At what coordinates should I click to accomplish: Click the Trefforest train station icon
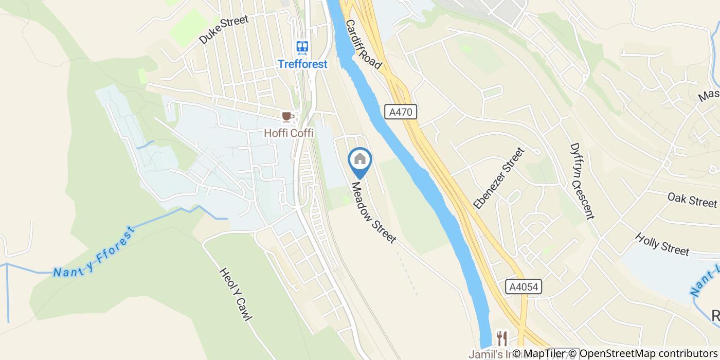pyautogui.click(x=302, y=48)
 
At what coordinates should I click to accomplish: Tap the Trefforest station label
pyautogui.click(x=302, y=64)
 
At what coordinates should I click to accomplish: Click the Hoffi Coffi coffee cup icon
pyautogui.click(x=286, y=117)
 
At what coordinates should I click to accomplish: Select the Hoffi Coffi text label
pyautogui.click(x=289, y=133)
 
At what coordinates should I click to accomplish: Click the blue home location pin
pyautogui.click(x=360, y=160)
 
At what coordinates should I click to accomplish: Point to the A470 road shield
pyautogui.click(x=400, y=112)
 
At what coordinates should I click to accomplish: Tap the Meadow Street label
pyautogui.click(x=374, y=212)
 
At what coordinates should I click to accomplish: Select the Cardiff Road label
pyautogui.click(x=364, y=45)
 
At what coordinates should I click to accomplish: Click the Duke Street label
pyautogui.click(x=224, y=29)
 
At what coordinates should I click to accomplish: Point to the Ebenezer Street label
pyautogui.click(x=499, y=178)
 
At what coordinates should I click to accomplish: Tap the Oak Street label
pyautogui.click(x=692, y=200)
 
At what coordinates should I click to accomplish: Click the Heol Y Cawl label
pyautogui.click(x=236, y=294)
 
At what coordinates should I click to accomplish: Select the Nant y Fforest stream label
pyautogui.click(x=94, y=253)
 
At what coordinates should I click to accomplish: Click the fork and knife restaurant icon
pyautogui.click(x=502, y=338)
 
